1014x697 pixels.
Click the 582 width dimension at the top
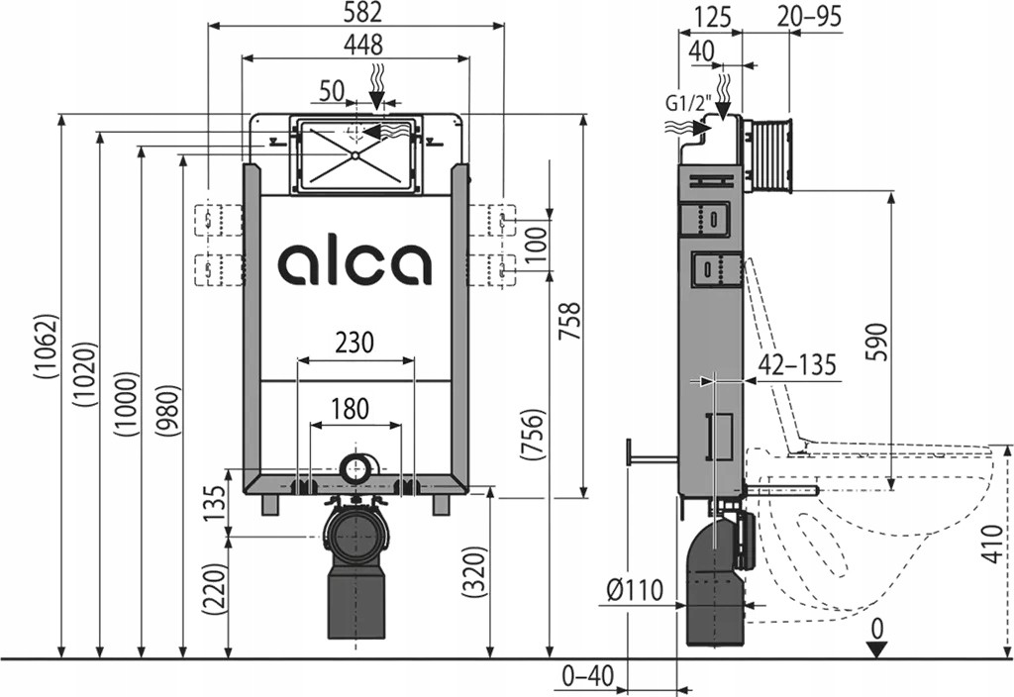pyautogui.click(x=356, y=13)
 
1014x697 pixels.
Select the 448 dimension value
pyautogui.click(x=356, y=45)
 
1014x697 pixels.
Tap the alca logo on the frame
pyautogui.click(x=355, y=263)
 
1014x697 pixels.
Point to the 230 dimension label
pyautogui.click(x=354, y=343)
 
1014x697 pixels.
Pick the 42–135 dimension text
pyautogui.click(x=796, y=365)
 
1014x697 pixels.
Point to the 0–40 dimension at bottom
pyautogui.click(x=588, y=677)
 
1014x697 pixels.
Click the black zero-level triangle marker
pyautogui.click(x=875, y=648)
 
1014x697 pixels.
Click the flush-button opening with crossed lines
pyautogui.click(x=353, y=153)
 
